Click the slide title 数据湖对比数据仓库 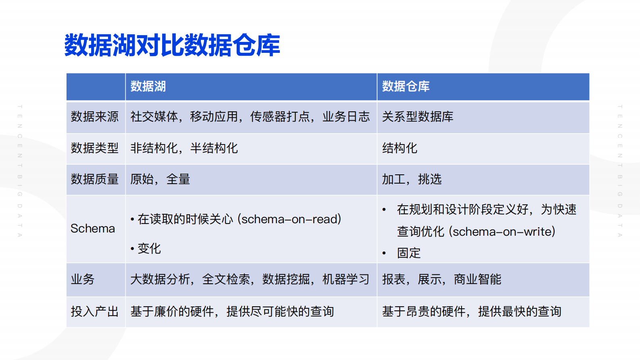[x=172, y=45]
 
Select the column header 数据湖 [x=148, y=86]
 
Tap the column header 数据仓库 [x=406, y=86]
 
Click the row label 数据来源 [x=95, y=117]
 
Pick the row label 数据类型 [x=95, y=148]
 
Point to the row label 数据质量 [x=95, y=179]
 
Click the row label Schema [x=93, y=228]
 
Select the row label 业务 [x=83, y=279]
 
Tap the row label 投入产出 [x=95, y=312]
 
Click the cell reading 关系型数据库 [x=417, y=117]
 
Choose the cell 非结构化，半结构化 [x=184, y=148]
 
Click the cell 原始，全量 [x=160, y=179]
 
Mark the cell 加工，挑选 [x=412, y=179]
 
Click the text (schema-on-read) [x=290, y=219]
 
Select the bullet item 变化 [x=149, y=249]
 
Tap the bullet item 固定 [x=409, y=253]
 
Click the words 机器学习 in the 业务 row [x=346, y=279]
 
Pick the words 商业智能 [x=477, y=279]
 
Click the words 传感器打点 [x=280, y=117]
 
